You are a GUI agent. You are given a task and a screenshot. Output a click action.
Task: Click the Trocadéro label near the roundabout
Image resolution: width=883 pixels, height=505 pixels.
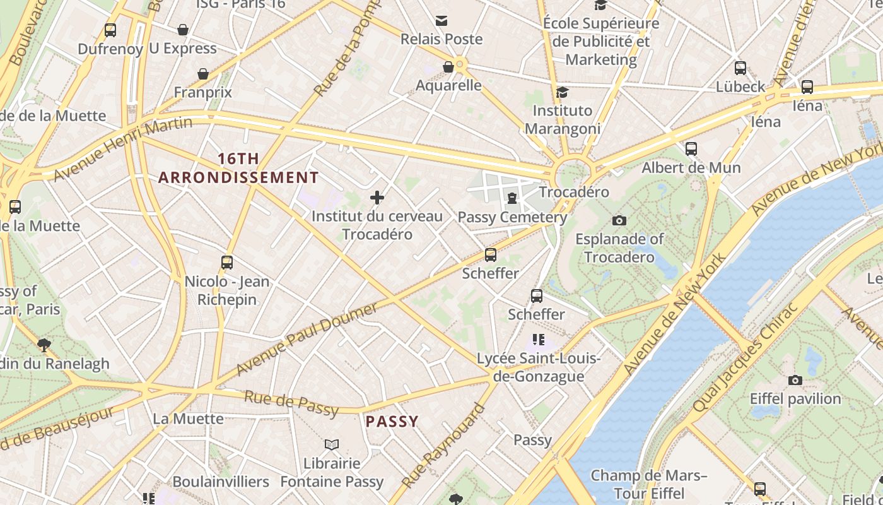pyautogui.click(x=574, y=192)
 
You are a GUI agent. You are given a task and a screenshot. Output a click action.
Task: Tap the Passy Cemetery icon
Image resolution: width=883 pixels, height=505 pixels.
pyautogui.click(x=512, y=199)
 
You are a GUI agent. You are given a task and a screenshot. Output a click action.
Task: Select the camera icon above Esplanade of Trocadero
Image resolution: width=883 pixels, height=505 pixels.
pyautogui.click(x=619, y=220)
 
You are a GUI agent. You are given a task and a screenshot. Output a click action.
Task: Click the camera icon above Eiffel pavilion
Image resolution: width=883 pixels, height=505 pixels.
pyautogui.click(x=795, y=380)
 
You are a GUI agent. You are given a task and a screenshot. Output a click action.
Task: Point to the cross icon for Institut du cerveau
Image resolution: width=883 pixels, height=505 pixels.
pyautogui.click(x=377, y=198)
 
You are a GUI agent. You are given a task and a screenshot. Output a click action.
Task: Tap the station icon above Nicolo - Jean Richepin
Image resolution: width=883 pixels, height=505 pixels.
pyautogui.click(x=227, y=262)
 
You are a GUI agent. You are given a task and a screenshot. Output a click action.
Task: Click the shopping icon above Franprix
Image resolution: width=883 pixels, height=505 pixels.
pyautogui.click(x=203, y=74)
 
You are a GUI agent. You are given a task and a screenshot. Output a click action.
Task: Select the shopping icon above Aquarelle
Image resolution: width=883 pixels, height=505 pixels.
pyautogui.click(x=448, y=67)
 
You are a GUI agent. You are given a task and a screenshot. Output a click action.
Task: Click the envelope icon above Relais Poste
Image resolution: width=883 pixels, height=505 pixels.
pyautogui.click(x=441, y=21)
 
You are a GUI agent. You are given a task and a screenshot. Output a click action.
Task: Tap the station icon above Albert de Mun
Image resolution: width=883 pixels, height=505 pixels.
pyautogui.click(x=691, y=149)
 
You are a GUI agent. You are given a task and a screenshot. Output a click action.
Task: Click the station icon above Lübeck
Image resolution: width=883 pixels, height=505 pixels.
pyautogui.click(x=740, y=68)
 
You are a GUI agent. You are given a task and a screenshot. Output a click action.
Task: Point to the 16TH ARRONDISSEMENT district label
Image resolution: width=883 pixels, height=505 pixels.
pyautogui.click(x=238, y=168)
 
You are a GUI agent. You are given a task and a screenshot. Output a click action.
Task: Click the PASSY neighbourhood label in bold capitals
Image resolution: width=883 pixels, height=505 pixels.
pyautogui.click(x=392, y=422)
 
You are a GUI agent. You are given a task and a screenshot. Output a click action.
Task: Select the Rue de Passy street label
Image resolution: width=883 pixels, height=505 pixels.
pyautogui.click(x=291, y=403)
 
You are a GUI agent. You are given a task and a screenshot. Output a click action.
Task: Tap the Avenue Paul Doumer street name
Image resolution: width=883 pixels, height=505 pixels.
pyautogui.click(x=307, y=339)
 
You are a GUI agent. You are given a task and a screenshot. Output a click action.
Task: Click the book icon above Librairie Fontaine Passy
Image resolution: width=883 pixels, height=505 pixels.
pyautogui.click(x=332, y=445)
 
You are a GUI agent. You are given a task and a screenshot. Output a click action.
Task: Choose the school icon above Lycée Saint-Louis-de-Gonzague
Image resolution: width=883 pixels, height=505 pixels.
pyautogui.click(x=539, y=340)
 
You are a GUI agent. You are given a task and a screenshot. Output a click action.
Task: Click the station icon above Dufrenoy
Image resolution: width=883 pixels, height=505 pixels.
pyautogui.click(x=110, y=30)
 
